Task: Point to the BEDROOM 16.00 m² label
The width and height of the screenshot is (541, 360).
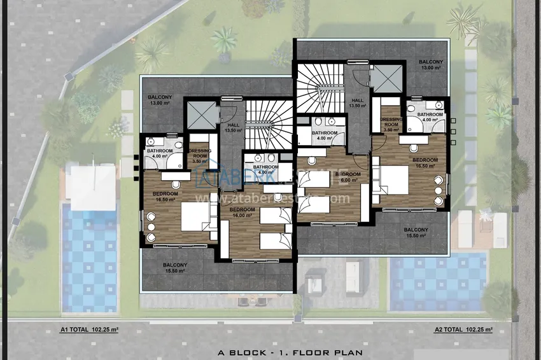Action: (x=242, y=212)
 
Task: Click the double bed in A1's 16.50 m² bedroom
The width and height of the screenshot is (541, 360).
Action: (x=194, y=217)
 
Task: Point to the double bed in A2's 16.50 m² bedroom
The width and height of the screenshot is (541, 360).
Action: (x=395, y=179)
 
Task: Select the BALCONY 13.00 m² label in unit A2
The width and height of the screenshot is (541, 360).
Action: (x=431, y=64)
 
